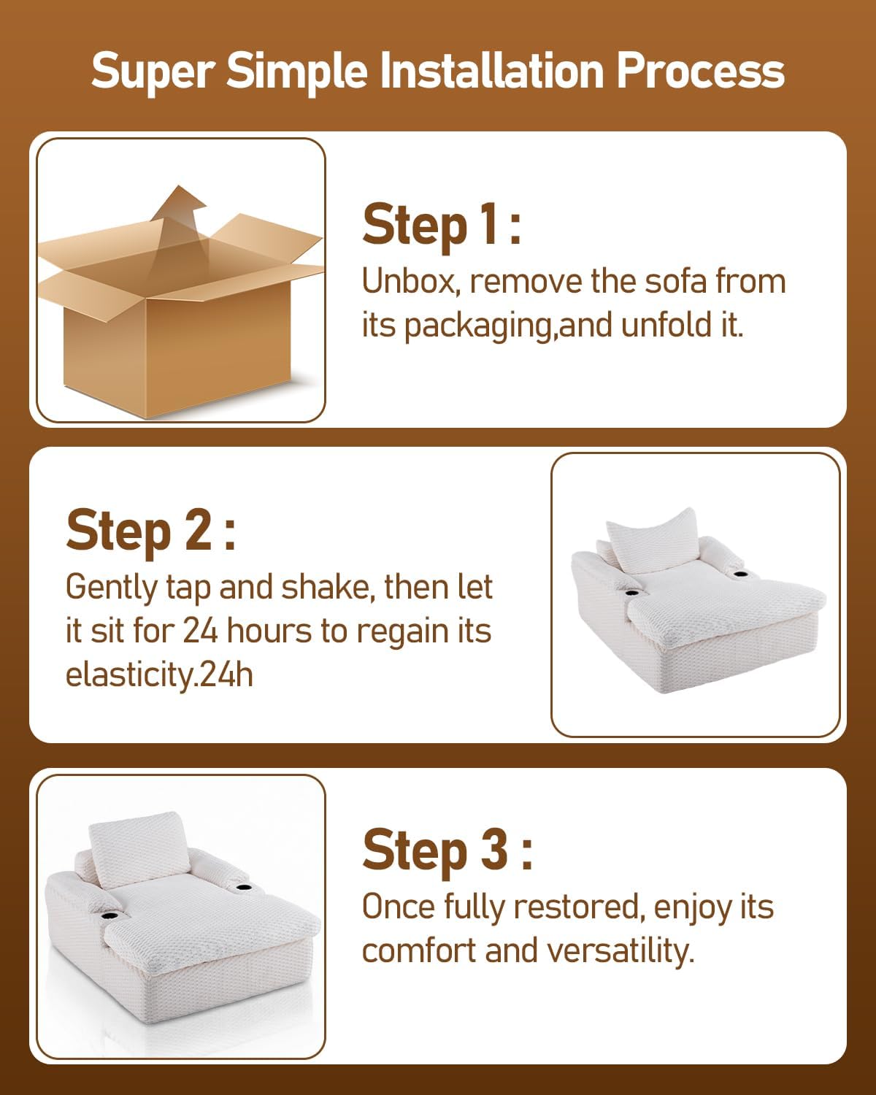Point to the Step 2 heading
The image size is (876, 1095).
[x=151, y=531]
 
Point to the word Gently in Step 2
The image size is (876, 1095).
[x=112, y=588]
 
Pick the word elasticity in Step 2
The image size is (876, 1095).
[x=132, y=676]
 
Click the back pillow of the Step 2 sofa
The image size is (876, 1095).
[x=653, y=540]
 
